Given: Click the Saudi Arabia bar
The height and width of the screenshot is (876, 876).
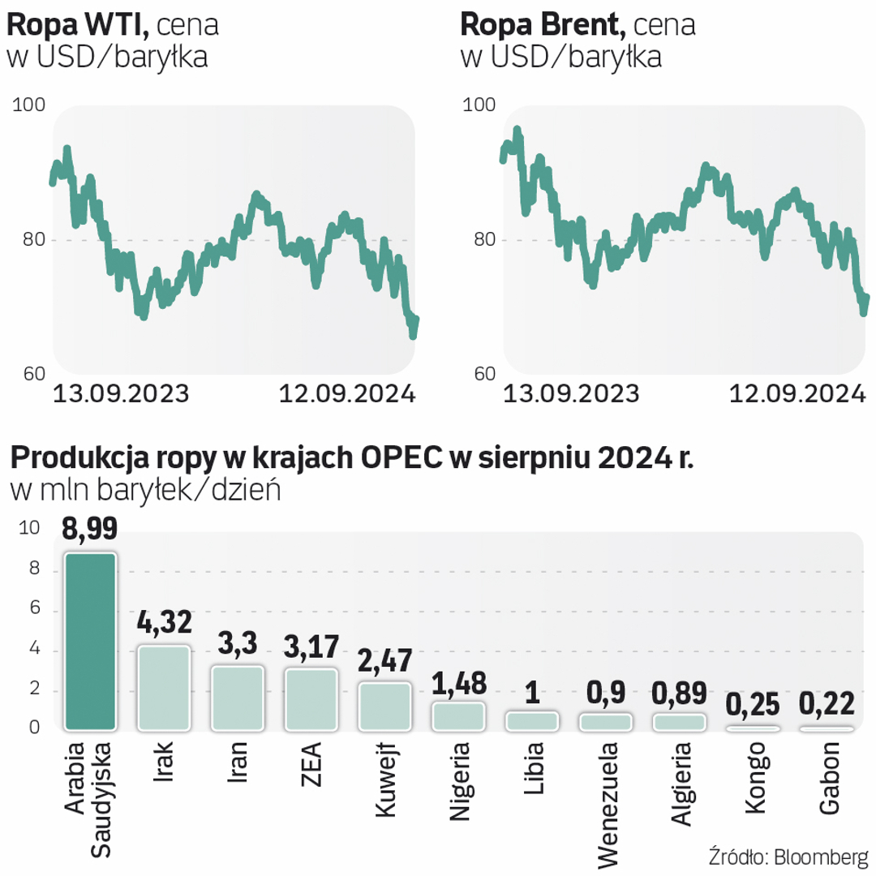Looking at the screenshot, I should click(x=91, y=641).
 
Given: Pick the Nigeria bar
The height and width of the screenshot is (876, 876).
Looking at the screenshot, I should click(x=459, y=715).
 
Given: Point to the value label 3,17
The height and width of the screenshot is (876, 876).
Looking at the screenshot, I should click(x=311, y=646).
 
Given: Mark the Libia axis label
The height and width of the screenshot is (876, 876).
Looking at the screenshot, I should click(x=533, y=766).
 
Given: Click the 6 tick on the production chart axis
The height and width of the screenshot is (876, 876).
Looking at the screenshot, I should click(x=33, y=611).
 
